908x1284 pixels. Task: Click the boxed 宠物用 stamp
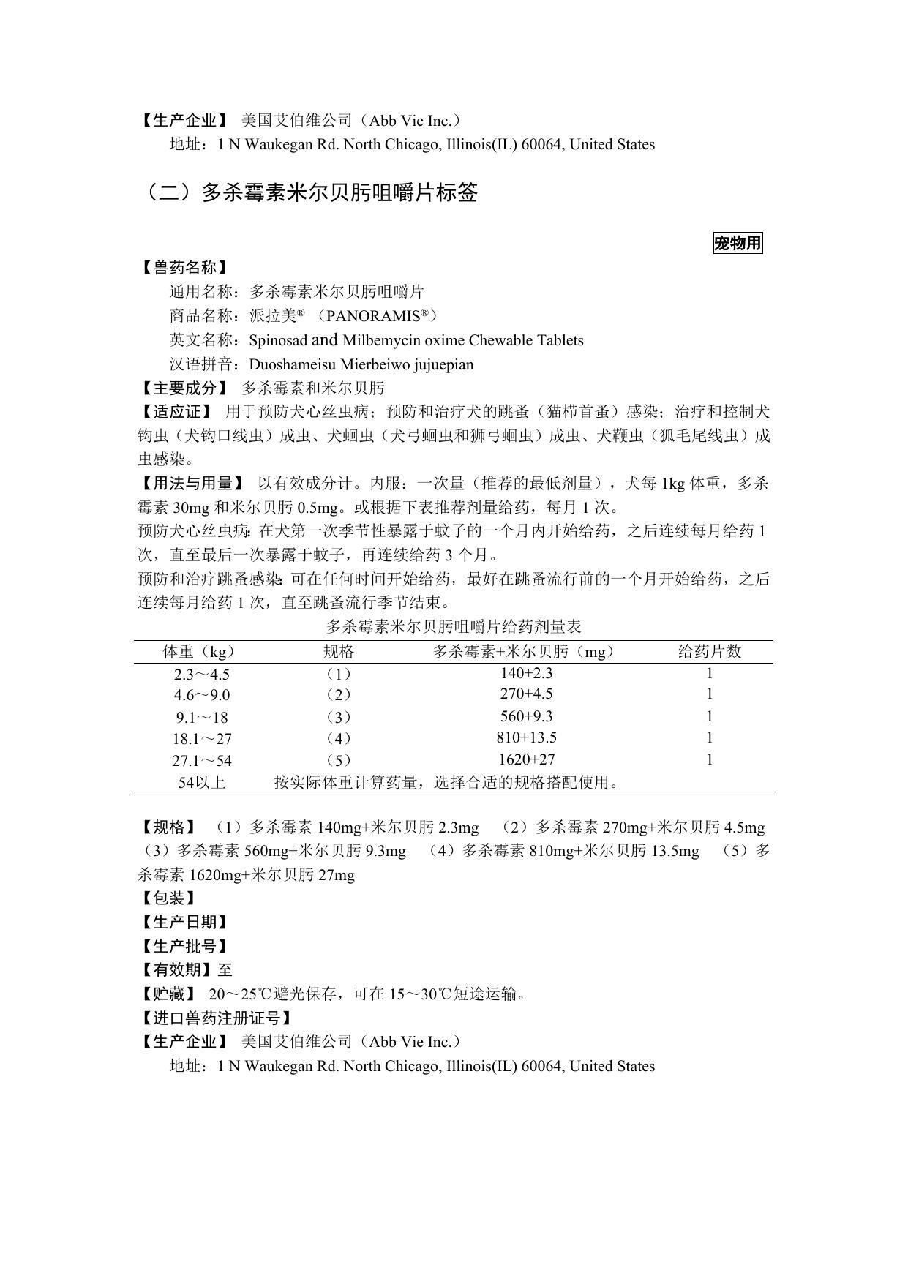tap(738, 244)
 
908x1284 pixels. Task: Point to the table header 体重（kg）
tap(200, 652)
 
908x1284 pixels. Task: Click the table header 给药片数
tap(710, 652)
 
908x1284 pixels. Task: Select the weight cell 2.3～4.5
tap(201, 675)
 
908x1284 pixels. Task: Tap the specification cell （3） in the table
tap(338, 717)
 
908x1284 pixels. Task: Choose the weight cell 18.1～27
tap(201, 739)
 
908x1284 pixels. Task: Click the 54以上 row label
tap(201, 782)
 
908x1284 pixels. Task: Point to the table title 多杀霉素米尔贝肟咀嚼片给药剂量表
tap(454, 627)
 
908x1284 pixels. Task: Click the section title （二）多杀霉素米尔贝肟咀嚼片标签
tap(308, 193)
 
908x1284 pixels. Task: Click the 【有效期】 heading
tap(176, 970)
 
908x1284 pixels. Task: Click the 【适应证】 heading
tap(176, 413)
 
